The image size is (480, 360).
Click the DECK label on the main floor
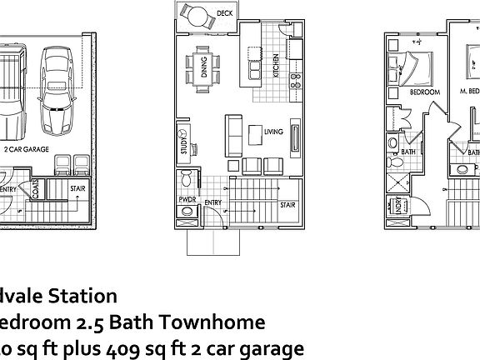[x=224, y=14]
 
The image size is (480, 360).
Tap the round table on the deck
[x=198, y=15]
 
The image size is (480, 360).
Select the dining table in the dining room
[x=201, y=65]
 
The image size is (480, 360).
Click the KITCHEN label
[x=277, y=65]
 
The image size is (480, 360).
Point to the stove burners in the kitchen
[x=295, y=81]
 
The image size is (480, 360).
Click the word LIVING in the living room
[x=273, y=132]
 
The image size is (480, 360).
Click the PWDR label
[x=186, y=201]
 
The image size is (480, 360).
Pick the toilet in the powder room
[x=187, y=179]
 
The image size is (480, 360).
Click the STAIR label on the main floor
[x=287, y=203]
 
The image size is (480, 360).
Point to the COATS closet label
[x=35, y=191]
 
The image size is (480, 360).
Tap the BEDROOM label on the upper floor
[x=424, y=93]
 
